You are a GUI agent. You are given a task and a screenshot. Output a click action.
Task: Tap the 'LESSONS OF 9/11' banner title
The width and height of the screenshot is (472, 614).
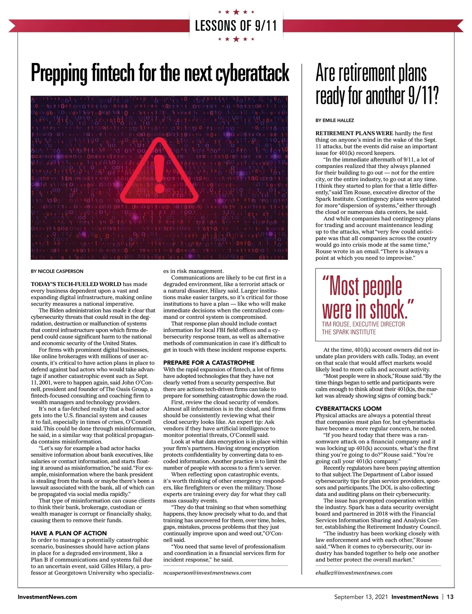(x=236, y=26)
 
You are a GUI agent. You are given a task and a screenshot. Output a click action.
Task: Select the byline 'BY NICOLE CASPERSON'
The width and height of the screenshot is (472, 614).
(x=57, y=271)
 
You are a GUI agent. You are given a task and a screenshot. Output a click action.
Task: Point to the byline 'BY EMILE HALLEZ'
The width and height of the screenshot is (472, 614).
(x=335, y=120)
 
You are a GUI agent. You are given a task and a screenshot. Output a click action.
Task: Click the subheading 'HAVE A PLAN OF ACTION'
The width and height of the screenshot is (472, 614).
(x=69, y=533)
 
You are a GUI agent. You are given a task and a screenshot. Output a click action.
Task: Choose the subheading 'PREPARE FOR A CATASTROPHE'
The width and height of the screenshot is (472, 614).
(x=209, y=362)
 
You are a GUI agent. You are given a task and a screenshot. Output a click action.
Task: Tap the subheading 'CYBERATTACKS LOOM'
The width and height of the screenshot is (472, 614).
(x=343, y=409)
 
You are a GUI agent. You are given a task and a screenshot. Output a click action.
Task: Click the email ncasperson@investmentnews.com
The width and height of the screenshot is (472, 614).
(x=207, y=573)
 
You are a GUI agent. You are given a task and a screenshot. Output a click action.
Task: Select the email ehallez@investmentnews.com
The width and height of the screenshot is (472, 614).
(x=354, y=573)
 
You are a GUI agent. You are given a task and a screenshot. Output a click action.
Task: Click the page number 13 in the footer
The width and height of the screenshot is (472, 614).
(x=450, y=597)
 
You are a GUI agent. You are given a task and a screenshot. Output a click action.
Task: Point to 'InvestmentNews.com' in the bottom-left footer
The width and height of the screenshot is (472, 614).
(x=47, y=597)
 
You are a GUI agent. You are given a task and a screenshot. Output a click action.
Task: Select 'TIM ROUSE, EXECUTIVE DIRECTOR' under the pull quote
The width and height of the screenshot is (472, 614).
(x=363, y=324)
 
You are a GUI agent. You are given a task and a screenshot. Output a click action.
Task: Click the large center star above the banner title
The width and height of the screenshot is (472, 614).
(x=236, y=12)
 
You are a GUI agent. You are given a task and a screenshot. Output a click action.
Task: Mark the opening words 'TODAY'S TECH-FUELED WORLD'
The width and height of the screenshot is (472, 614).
(x=76, y=284)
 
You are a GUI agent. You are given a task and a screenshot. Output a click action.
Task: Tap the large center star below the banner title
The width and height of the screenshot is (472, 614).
(x=236, y=39)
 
